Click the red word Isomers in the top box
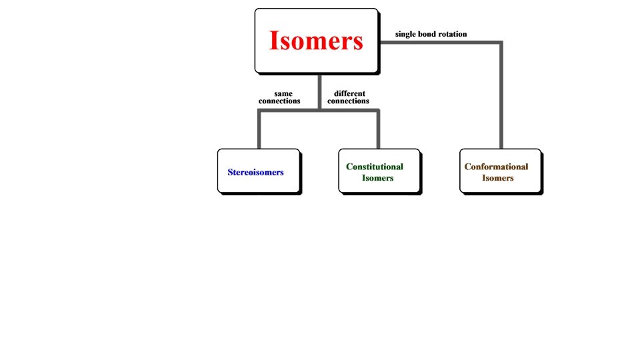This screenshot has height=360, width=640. (x=316, y=41)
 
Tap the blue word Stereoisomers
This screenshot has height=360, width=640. (x=255, y=172)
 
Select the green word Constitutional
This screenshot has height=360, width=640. (x=375, y=167)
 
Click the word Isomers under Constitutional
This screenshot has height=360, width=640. (x=378, y=178)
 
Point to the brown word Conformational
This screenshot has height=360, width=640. (x=496, y=167)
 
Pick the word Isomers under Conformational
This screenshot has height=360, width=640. (x=498, y=178)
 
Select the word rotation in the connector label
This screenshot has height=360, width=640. (x=453, y=33)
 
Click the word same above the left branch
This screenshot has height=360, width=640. (x=283, y=93)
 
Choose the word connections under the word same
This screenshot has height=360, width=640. (x=279, y=101)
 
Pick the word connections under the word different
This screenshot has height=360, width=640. (x=348, y=101)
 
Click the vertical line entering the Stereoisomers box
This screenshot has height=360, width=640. (x=259, y=130)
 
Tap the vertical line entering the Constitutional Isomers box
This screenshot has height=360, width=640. (x=378, y=130)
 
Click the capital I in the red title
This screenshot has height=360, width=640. (x=274, y=41)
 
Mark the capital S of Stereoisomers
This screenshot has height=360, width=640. (x=230, y=172)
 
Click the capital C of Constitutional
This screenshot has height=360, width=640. (x=349, y=167)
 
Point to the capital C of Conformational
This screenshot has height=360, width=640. (x=467, y=167)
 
